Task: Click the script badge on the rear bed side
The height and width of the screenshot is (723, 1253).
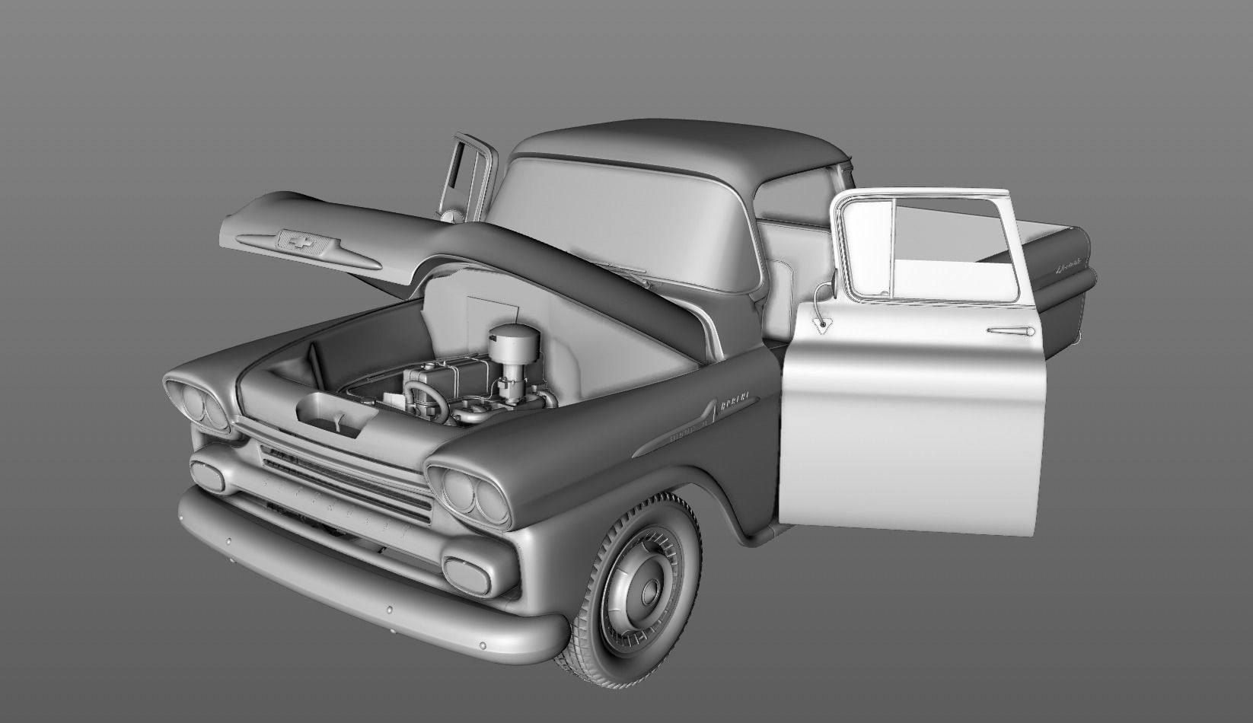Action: point(1068,269)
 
